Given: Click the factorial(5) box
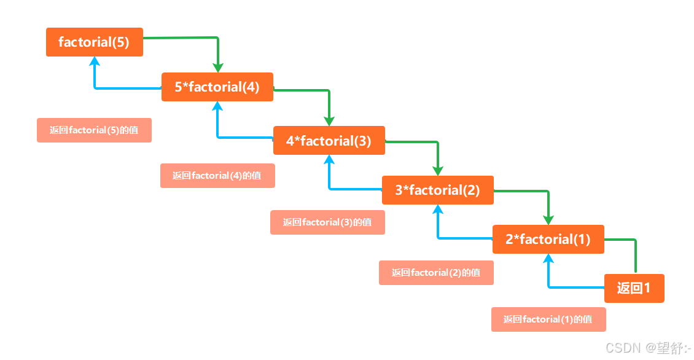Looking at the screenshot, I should click(94, 42).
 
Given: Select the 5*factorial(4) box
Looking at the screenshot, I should click(217, 87).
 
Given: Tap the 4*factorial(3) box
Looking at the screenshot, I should click(329, 141).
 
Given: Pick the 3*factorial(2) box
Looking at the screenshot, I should click(437, 190).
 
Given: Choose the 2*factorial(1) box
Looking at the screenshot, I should click(548, 240).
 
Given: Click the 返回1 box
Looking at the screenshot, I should click(634, 288).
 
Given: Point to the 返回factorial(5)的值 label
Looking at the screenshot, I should click(94, 130).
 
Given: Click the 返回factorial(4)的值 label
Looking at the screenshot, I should click(217, 176).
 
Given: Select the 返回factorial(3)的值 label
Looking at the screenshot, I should click(327, 222).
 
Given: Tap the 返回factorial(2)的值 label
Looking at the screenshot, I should click(436, 273).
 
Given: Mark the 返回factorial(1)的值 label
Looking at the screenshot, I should click(548, 319).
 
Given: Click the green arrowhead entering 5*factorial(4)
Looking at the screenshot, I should click(217, 67).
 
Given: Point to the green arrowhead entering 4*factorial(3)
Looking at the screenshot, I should click(329, 120).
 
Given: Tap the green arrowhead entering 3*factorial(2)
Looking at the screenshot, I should click(438, 170).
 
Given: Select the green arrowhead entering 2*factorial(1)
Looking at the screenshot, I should click(548, 219).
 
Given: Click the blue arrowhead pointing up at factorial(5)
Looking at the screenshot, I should click(95, 61).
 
